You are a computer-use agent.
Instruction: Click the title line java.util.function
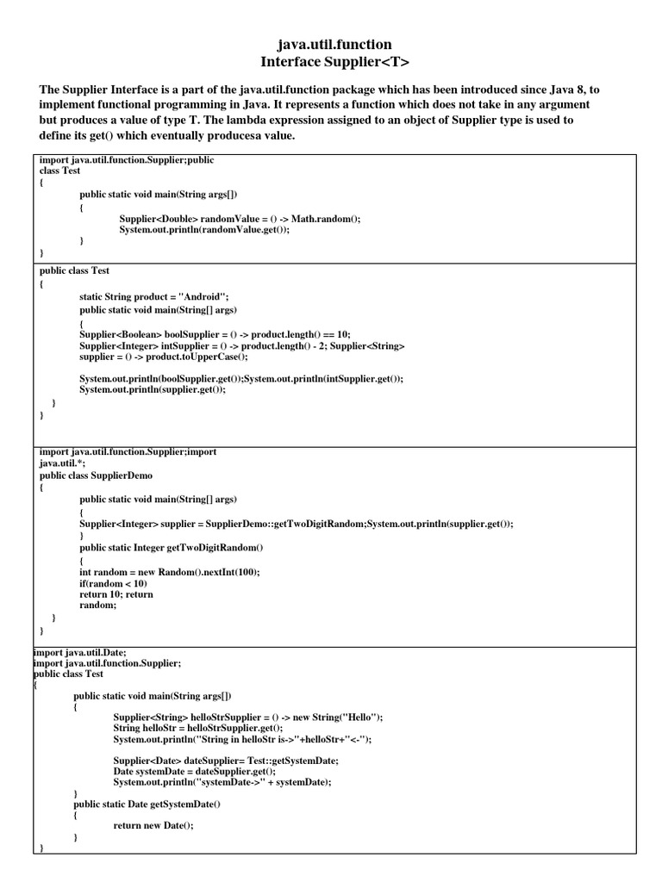tap(334, 44)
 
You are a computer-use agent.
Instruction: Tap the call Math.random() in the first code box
tap(326, 220)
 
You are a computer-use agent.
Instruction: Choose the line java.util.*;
tap(59, 463)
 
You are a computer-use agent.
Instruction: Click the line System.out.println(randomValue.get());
tap(204, 230)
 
